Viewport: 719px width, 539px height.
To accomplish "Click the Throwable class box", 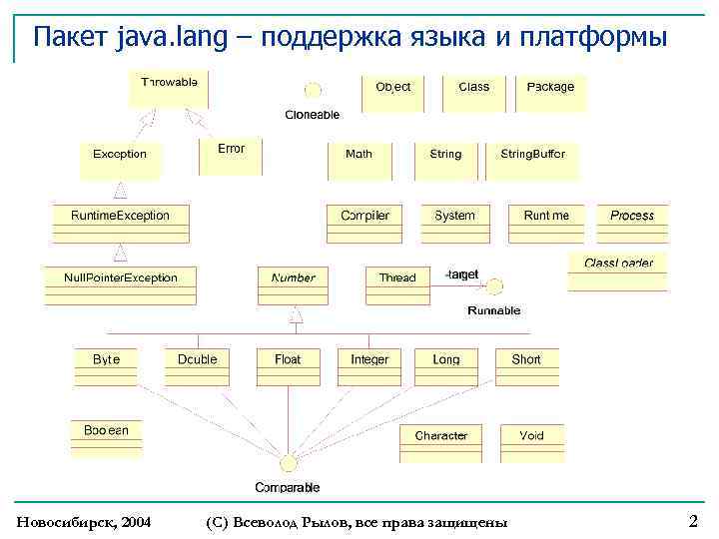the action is tap(169, 89).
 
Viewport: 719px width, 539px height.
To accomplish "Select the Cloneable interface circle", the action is tap(313, 91).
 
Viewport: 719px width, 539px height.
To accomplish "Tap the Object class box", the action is tap(392, 94).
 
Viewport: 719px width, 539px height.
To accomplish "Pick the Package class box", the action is tap(550, 94).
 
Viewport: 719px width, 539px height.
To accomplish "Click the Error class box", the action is tap(231, 156).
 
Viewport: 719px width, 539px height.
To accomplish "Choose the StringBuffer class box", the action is tap(532, 160).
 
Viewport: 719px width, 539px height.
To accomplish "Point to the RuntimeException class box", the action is tap(120, 223).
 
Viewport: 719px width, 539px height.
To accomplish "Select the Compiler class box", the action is tap(364, 223).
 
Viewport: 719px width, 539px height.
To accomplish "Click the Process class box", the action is tap(631, 223).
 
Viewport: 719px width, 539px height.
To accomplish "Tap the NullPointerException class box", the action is tap(120, 283).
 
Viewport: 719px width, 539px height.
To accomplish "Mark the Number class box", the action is tap(293, 284).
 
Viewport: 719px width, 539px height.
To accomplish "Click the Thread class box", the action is tap(396, 284).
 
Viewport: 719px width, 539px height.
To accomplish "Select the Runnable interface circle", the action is tap(494, 286).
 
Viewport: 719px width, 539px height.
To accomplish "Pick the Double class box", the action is tap(197, 366).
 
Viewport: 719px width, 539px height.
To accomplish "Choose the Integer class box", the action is tap(369, 366).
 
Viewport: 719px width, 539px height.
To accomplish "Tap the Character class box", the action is tap(440, 442).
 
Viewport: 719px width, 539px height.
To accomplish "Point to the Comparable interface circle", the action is tap(288, 462).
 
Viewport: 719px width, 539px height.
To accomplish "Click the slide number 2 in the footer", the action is tap(693, 521).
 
